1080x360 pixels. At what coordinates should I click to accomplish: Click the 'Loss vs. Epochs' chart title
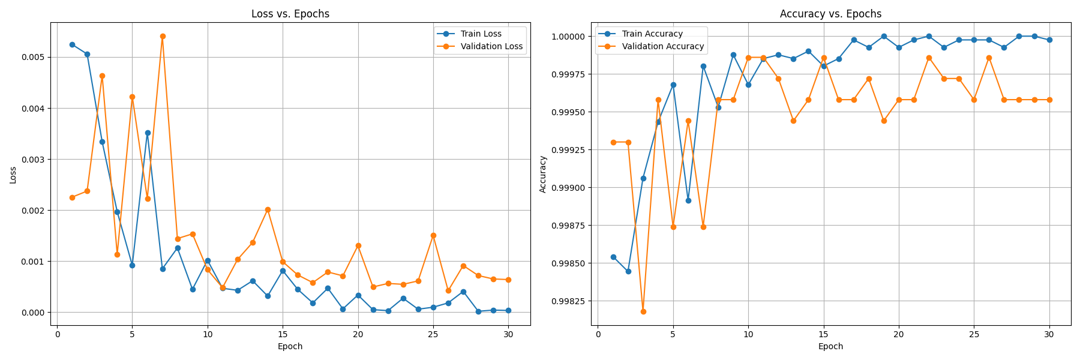[290, 14]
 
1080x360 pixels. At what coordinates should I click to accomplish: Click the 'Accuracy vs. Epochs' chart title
[830, 14]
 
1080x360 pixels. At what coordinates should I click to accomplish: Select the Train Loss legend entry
[481, 34]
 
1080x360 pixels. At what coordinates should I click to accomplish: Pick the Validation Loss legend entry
[491, 46]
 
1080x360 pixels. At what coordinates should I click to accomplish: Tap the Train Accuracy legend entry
[652, 34]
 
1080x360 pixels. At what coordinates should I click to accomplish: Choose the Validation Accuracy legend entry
[662, 46]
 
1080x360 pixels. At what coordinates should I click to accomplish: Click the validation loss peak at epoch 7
[163, 36]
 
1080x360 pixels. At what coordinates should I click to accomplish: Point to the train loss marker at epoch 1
[72, 44]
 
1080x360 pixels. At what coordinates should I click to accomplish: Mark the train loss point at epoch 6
[148, 133]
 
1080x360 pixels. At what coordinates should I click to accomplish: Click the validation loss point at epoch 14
[268, 209]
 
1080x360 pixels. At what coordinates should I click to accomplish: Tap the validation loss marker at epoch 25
[433, 235]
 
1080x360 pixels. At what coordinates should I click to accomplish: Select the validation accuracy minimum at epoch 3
[643, 311]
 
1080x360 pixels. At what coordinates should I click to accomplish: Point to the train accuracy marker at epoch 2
[628, 271]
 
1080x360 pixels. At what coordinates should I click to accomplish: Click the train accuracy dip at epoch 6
[688, 200]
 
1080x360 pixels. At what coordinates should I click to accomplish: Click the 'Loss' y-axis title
[13, 175]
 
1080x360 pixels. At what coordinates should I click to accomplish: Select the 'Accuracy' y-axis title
[543, 174]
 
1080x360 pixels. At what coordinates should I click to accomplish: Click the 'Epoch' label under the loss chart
[290, 346]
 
